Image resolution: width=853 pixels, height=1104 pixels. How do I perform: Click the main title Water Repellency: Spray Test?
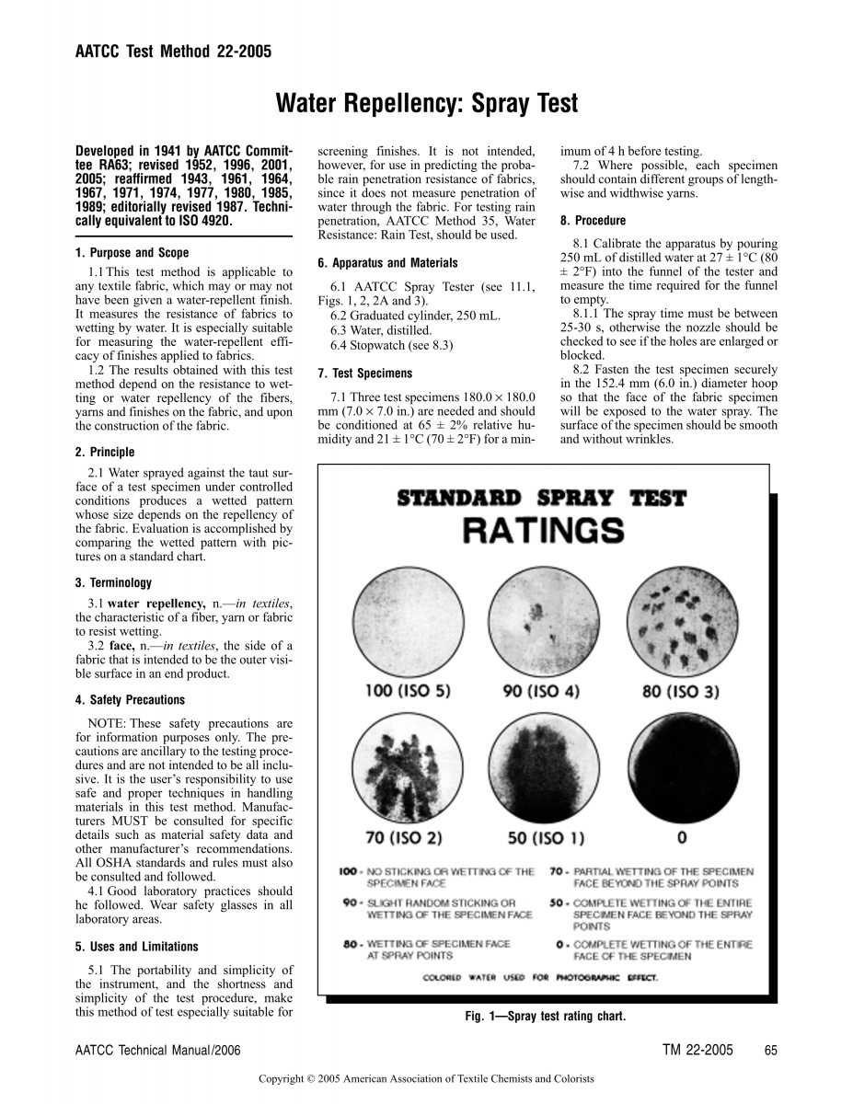point(427,104)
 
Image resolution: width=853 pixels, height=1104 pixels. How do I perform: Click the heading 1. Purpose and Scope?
point(132,253)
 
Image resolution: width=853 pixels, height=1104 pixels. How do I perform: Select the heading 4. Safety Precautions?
point(130,700)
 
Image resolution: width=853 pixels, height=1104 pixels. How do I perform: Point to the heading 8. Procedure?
point(593,221)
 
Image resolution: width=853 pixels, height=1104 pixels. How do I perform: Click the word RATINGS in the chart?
point(542,531)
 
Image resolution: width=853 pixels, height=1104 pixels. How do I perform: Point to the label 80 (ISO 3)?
point(681,691)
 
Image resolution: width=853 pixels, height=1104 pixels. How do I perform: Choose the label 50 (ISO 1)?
point(546,838)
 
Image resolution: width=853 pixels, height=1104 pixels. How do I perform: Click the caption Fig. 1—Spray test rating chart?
point(546,1017)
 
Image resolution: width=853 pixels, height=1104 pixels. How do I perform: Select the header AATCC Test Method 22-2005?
point(173,52)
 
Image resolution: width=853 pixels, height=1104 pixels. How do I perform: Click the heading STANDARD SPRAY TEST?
point(541,499)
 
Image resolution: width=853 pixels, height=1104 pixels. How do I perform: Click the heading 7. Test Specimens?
point(364,374)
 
